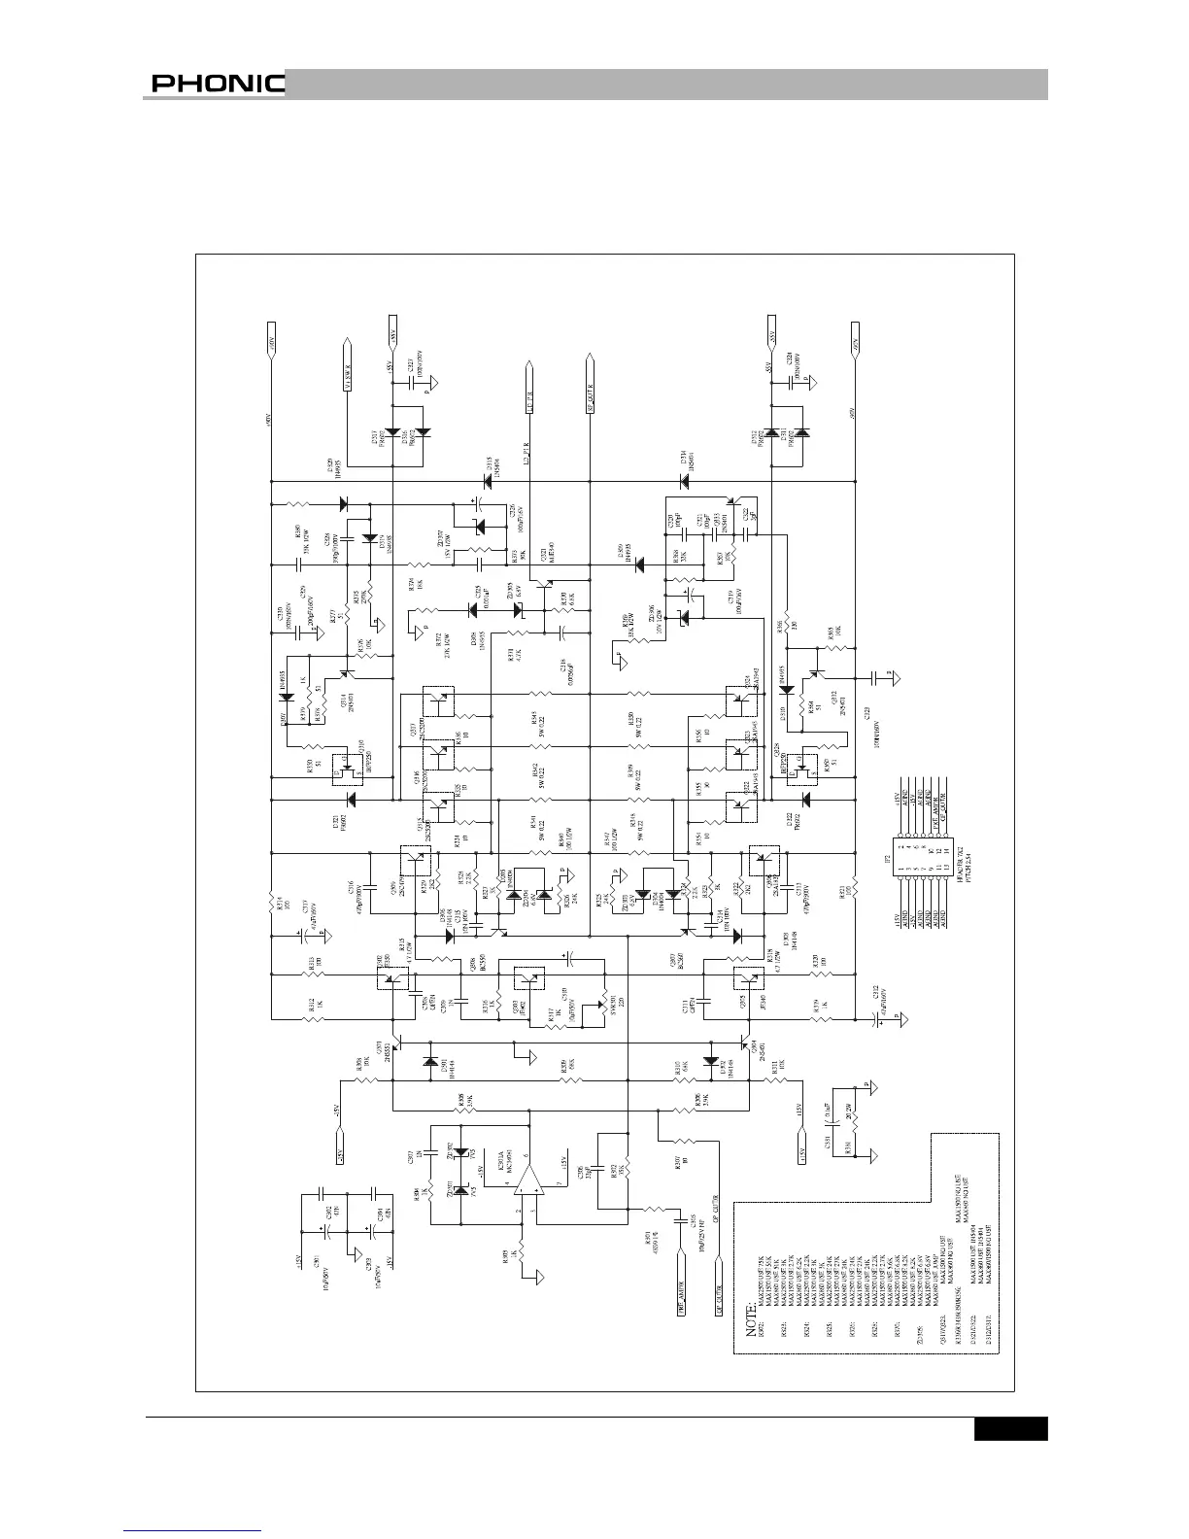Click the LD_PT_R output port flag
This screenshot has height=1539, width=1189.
[x=530, y=386]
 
